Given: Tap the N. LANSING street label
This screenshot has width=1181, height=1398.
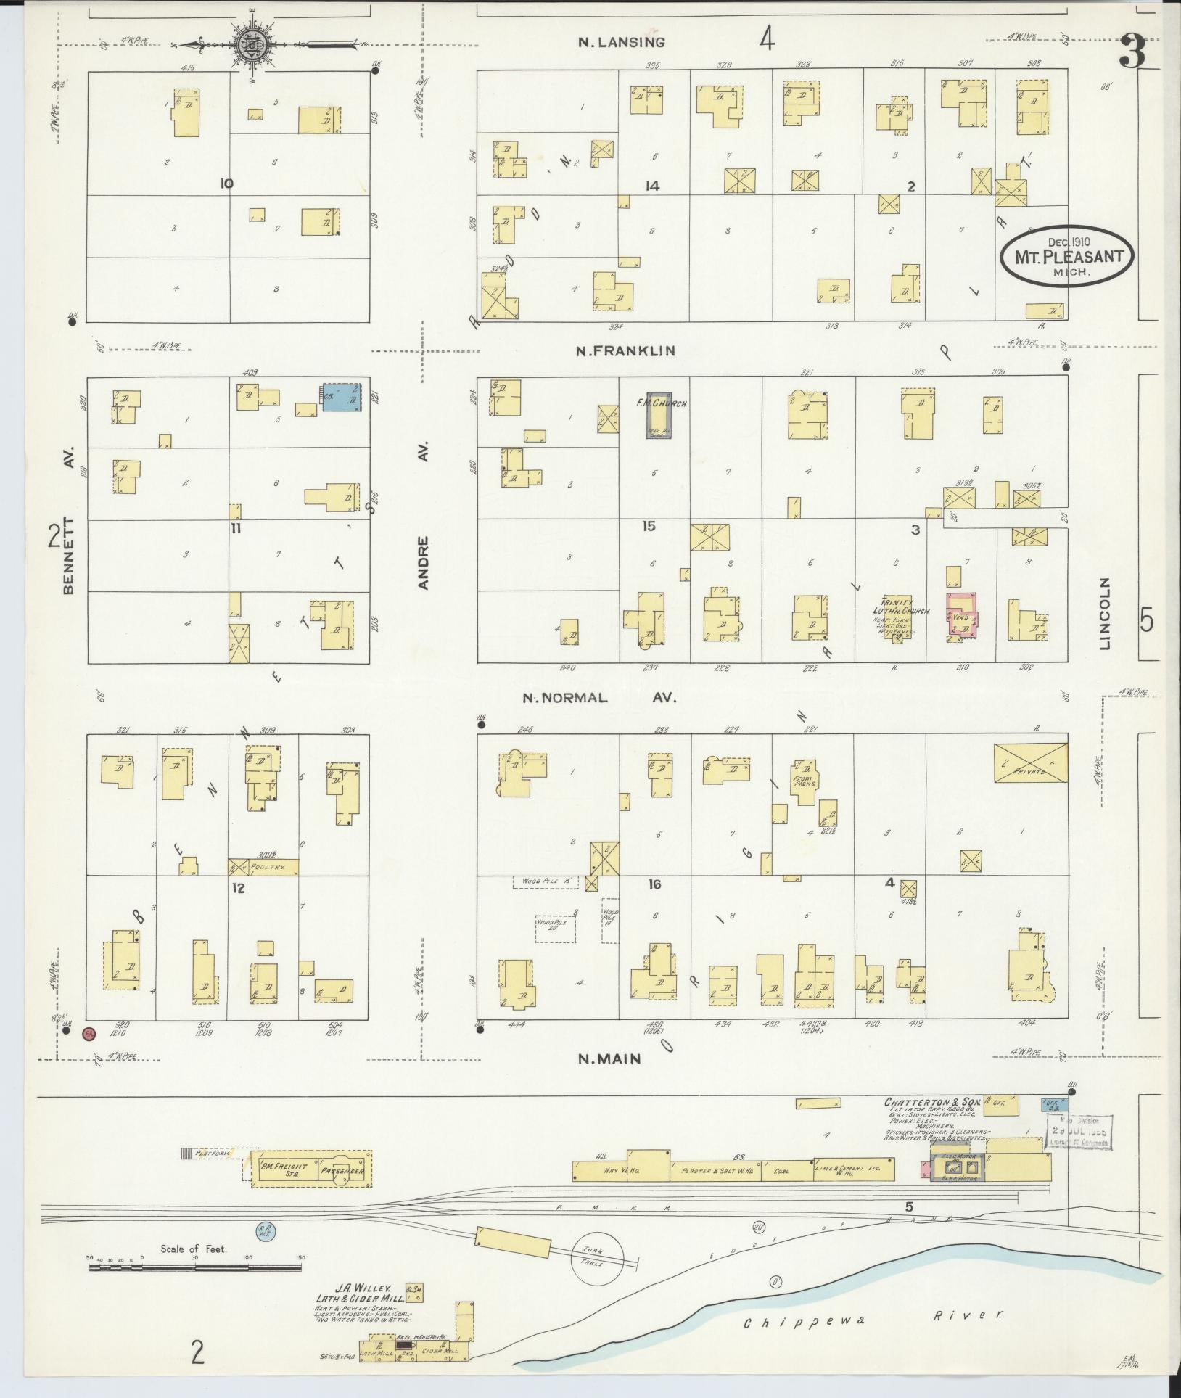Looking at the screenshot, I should point(621,43).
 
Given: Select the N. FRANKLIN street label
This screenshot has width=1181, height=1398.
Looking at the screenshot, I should point(625,351).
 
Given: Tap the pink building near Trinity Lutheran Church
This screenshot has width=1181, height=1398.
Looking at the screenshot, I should point(962,614).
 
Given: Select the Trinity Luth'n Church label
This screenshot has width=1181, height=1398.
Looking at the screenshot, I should point(904,608).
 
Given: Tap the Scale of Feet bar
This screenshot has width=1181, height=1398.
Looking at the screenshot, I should point(195,1267).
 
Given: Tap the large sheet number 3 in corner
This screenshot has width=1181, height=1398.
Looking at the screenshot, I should point(1132,52).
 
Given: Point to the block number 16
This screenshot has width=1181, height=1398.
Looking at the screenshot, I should point(654,884).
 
